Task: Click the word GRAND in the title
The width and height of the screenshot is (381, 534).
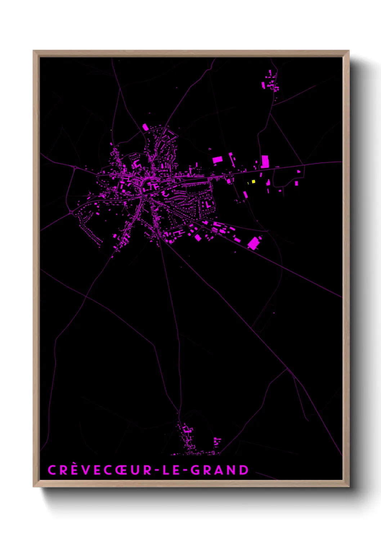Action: click(x=219, y=470)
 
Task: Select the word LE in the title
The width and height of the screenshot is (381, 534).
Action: click(x=170, y=470)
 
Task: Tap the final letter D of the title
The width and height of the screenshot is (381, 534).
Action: click(x=244, y=470)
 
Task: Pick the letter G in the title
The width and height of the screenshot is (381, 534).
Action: click(x=195, y=470)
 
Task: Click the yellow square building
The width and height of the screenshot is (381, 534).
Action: click(x=253, y=181)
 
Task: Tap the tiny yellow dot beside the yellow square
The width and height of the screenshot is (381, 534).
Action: click(x=248, y=183)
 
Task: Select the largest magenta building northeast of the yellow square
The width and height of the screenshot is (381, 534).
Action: click(x=265, y=162)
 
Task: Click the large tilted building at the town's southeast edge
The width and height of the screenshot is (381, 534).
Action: click(x=254, y=243)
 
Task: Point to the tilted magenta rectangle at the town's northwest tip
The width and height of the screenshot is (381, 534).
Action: click(x=145, y=127)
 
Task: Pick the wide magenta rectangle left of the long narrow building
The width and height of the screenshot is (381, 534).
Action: click(x=218, y=159)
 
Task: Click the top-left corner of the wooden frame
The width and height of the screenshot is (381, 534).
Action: click(x=33, y=51)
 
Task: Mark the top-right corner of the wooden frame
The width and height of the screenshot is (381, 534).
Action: click(x=349, y=51)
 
